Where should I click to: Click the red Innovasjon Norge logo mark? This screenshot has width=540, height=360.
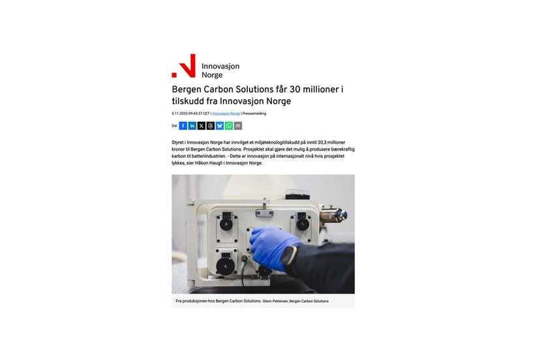click(x=184, y=65)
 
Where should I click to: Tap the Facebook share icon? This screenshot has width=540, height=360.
click(x=183, y=126)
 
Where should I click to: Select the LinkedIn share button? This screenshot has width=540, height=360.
click(x=192, y=126)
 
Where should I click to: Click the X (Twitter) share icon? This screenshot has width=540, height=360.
click(x=201, y=126)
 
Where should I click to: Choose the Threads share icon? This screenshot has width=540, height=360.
click(x=211, y=126)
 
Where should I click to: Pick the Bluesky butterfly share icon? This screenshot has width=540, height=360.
click(x=219, y=126)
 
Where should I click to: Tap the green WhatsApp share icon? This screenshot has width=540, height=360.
click(x=229, y=126)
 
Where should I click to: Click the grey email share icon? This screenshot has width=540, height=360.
click(x=237, y=126)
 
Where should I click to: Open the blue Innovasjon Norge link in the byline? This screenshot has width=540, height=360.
click(x=226, y=113)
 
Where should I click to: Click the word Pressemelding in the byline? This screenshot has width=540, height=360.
click(x=254, y=113)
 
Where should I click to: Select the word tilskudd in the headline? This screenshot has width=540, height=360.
click(x=188, y=101)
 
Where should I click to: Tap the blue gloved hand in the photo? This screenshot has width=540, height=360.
click(x=273, y=246)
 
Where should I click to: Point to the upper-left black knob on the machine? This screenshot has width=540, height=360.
click(x=226, y=224)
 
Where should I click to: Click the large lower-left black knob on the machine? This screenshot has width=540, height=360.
click(x=226, y=266)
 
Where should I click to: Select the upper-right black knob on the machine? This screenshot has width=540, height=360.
click(x=303, y=224)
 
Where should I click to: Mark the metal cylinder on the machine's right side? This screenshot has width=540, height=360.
click(x=333, y=215)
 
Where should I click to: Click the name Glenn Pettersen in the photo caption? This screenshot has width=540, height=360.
click(x=275, y=301)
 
